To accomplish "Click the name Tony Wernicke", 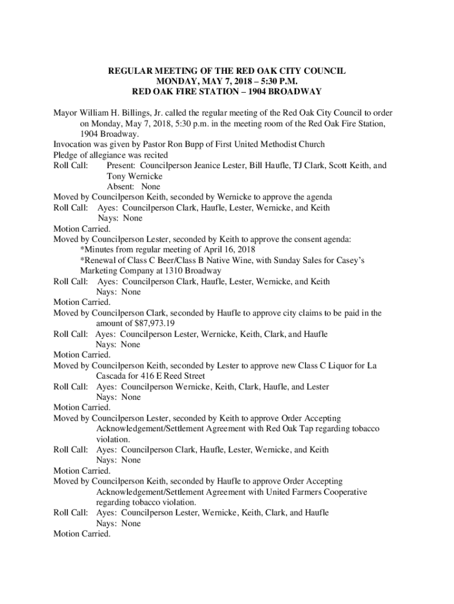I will click(x=134, y=176).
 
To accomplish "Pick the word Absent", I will click(x=120, y=186).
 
